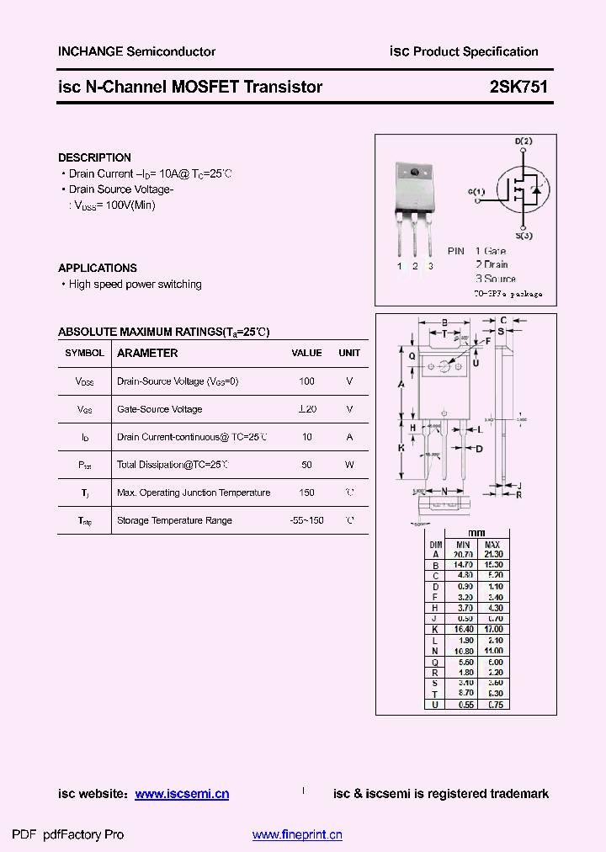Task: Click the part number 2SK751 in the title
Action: [518, 87]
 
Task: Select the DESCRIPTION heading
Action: [94, 157]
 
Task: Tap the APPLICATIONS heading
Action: [97, 268]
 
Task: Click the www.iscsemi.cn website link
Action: [182, 794]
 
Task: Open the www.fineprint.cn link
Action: [297, 835]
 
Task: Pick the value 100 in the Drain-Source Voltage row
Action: [306, 381]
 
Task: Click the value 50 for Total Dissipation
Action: [306, 465]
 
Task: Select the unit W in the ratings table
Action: [349, 465]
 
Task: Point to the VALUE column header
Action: [306, 354]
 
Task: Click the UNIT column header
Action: [349, 354]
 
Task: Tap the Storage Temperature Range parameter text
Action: [174, 520]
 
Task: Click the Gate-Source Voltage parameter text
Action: [159, 409]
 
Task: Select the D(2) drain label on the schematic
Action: [523, 141]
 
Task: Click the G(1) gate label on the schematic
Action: [476, 192]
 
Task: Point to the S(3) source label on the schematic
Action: [524, 236]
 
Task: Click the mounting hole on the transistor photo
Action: [415, 173]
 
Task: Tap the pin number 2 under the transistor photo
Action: [415, 266]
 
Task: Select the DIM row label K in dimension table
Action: [435, 629]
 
